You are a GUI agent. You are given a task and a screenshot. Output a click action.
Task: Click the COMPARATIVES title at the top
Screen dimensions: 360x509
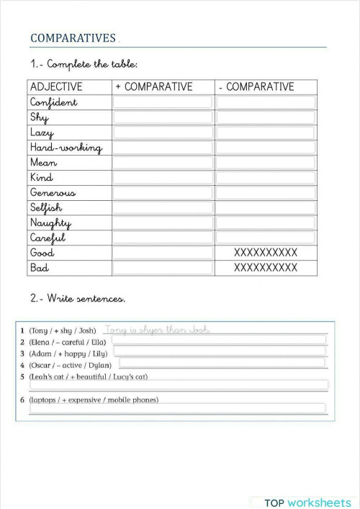coord(73,38)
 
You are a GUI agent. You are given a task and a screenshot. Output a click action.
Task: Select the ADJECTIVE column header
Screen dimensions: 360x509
coord(56,87)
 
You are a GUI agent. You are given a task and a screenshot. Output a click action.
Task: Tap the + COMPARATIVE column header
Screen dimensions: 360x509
coord(154,87)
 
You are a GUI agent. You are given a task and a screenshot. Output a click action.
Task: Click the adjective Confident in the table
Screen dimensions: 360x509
coord(53,102)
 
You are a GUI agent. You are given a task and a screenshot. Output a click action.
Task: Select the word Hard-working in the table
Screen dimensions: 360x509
coord(66,148)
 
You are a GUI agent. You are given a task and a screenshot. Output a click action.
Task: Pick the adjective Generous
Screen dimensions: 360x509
coord(53,193)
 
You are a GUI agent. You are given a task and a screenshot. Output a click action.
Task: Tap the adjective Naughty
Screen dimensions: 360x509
coord(50,223)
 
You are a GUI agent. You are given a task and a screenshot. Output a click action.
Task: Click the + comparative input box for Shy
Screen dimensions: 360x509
coord(163,117)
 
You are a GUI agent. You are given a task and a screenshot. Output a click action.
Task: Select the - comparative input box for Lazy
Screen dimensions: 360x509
coord(266,132)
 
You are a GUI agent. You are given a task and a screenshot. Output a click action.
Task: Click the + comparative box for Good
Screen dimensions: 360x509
coord(163,253)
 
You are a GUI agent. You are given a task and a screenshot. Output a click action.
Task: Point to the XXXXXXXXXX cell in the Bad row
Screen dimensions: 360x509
coord(266,268)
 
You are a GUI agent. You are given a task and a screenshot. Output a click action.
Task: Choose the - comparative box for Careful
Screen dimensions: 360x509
coord(266,238)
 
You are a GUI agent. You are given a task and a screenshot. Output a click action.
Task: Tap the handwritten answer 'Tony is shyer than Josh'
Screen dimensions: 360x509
coord(157,330)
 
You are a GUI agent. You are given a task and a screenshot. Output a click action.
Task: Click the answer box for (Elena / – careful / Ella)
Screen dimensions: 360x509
coord(220,342)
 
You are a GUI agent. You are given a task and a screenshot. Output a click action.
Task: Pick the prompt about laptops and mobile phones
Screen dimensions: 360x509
coord(94,400)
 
